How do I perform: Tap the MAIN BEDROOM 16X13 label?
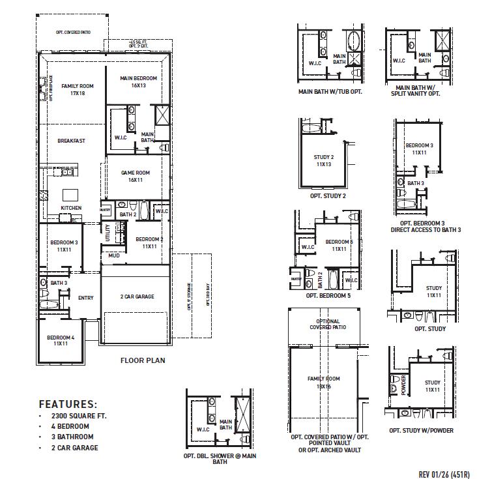pyautogui.click(x=137, y=81)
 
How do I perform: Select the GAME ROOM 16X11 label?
pyautogui.click(x=136, y=176)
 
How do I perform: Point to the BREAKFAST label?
pyautogui.click(x=71, y=141)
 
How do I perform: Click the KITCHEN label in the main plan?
pyautogui.click(x=71, y=208)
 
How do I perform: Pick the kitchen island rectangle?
pyautogui.click(x=70, y=194)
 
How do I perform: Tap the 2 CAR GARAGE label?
pyautogui.click(x=137, y=297)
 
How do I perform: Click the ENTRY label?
pyautogui.click(x=85, y=298)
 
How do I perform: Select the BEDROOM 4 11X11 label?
pyautogui.click(x=61, y=340)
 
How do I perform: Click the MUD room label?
pyautogui.click(x=114, y=255)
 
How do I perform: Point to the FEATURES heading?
pyautogui.click(x=68, y=404)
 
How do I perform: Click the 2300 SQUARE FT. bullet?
pyautogui.click(x=71, y=416)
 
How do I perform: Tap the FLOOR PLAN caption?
pyautogui.click(x=143, y=360)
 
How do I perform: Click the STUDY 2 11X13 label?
pyautogui.click(x=324, y=160)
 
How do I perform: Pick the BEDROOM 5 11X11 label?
pyautogui.click(x=338, y=245)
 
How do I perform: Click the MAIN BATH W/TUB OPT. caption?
pyautogui.click(x=330, y=92)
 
